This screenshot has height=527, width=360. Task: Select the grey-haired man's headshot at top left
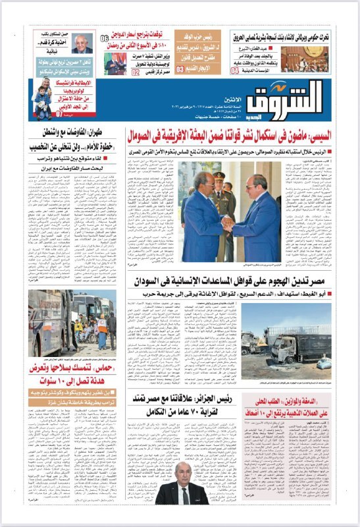pyautogui.click(x=82, y=44)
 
